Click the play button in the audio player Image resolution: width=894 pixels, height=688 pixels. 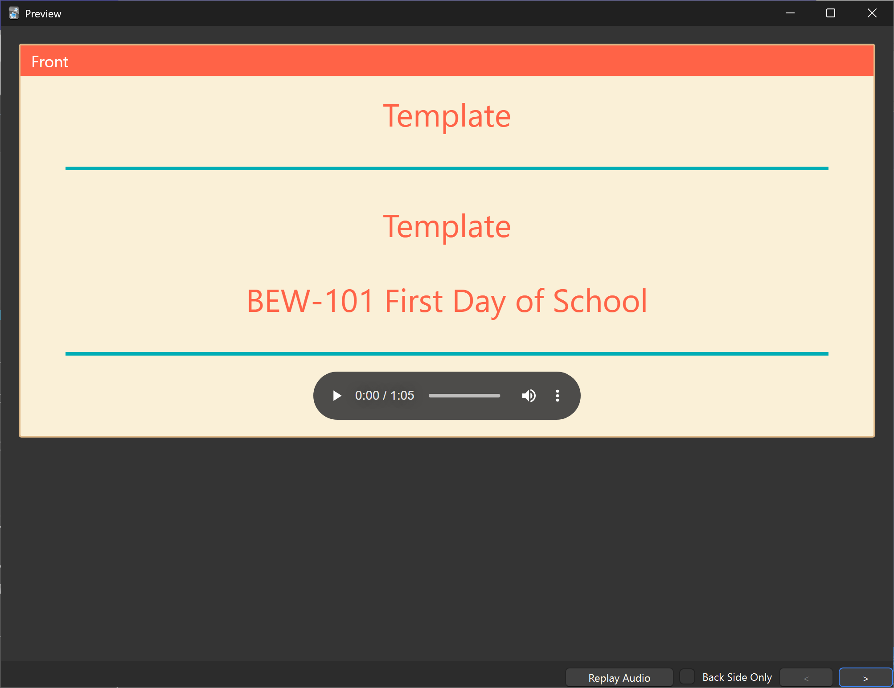(337, 396)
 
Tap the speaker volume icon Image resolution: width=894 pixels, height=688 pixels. (529, 396)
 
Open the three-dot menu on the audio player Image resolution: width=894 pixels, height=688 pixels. (558, 396)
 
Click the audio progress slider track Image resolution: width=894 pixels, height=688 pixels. (464, 396)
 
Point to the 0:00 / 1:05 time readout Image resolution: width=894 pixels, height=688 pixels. (385, 396)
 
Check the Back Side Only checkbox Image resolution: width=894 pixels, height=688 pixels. (687, 676)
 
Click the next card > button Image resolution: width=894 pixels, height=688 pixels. (865, 678)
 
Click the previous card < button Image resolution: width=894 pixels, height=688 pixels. (806, 678)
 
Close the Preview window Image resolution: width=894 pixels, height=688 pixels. (872, 13)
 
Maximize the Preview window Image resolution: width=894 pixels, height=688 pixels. (831, 13)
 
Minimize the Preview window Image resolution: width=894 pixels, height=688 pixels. (790, 13)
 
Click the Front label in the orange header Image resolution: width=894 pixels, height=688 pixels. (50, 62)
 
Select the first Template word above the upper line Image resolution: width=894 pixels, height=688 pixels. (447, 116)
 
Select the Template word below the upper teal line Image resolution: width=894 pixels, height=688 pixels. (447, 227)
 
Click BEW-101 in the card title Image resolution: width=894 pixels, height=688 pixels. (310, 301)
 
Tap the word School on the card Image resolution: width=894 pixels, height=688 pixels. (600, 301)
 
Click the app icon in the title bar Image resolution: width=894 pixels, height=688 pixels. (14, 13)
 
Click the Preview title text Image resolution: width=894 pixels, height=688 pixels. (43, 14)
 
